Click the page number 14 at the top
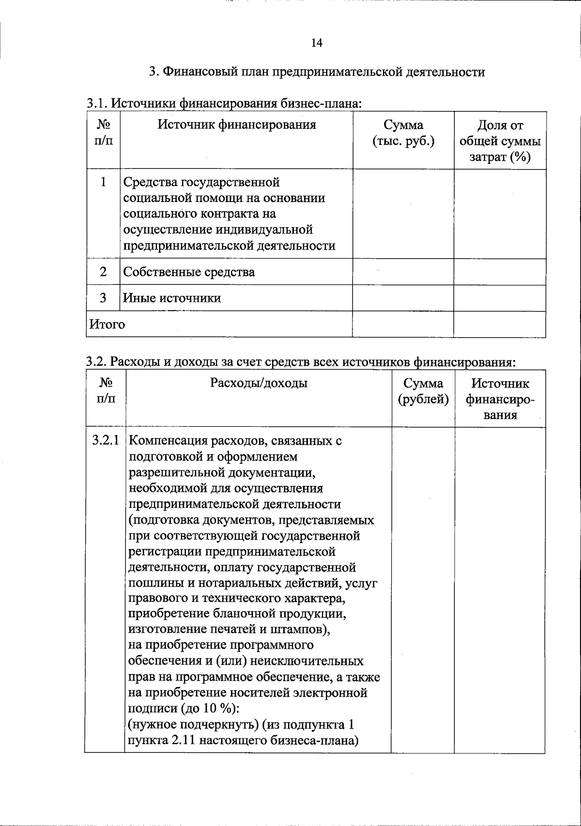(x=317, y=43)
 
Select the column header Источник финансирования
(x=237, y=125)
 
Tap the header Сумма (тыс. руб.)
(x=403, y=133)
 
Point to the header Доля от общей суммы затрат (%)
(x=500, y=141)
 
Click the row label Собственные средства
(x=189, y=272)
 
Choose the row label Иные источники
(x=172, y=298)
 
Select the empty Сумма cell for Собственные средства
(x=403, y=272)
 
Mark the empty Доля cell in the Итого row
(x=500, y=324)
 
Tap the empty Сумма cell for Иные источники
(x=403, y=298)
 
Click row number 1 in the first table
(x=103, y=182)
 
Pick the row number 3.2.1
(x=105, y=441)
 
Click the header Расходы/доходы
(x=259, y=384)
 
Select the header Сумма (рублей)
(x=423, y=391)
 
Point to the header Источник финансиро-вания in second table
(x=500, y=399)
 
